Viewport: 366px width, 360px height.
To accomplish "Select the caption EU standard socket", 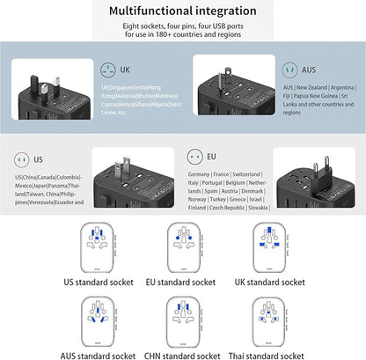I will pos(181,282).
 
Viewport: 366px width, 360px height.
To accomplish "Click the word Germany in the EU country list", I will pos(201,175).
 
